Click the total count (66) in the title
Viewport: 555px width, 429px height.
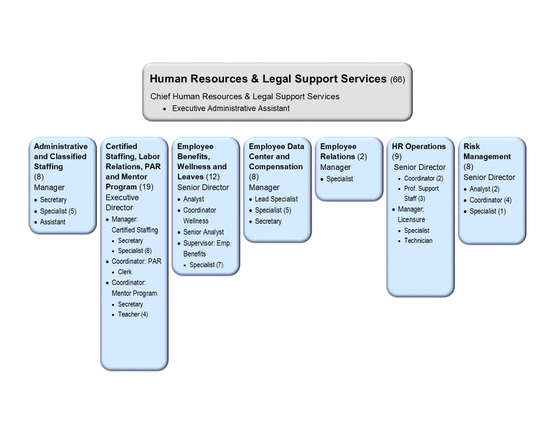pyautogui.click(x=397, y=80)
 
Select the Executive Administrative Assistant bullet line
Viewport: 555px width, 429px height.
pyautogui.click(x=231, y=109)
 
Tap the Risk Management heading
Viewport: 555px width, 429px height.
pyautogui.click(x=487, y=151)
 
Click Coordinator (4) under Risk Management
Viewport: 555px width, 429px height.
pyautogui.click(x=490, y=200)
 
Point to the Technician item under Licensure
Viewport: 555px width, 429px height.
pyautogui.click(x=418, y=241)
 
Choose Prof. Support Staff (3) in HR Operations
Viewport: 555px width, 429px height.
pyautogui.click(x=421, y=193)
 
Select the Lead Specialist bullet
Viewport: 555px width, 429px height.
pyautogui.click(x=276, y=199)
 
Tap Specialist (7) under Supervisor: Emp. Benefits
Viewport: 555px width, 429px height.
pyautogui.click(x=207, y=265)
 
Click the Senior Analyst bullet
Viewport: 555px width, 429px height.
pyautogui.click(x=204, y=232)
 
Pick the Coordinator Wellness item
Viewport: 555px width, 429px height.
pyautogui.click(x=199, y=216)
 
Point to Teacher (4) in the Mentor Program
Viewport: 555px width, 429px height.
pyautogui.click(x=133, y=314)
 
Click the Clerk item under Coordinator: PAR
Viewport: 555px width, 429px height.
pyautogui.click(x=124, y=272)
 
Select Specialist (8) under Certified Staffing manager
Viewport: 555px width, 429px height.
pyautogui.click(x=135, y=251)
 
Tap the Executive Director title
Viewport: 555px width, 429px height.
pyautogui.click(x=122, y=203)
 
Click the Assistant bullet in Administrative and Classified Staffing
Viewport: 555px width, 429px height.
pyautogui.click(x=53, y=222)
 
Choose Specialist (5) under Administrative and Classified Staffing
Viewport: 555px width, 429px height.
pyautogui.click(x=58, y=211)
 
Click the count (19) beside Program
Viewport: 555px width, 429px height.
pyautogui.click(x=146, y=187)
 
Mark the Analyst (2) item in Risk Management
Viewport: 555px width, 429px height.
pyautogui.click(x=484, y=189)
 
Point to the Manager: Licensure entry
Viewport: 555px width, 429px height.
pyautogui.click(x=411, y=214)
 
